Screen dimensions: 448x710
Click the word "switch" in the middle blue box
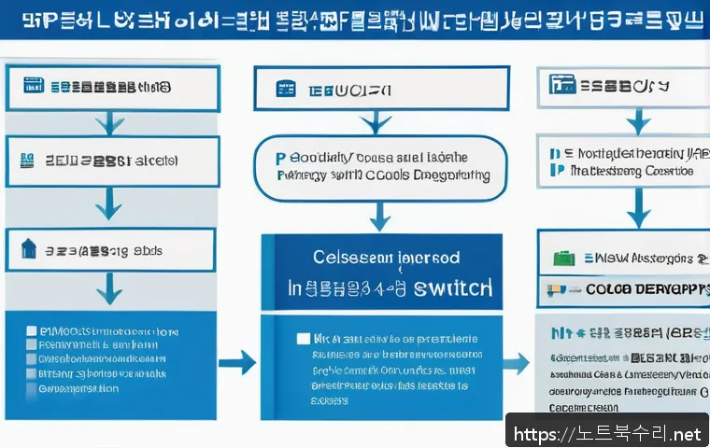pos(453,287)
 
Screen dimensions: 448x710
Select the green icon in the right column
pos(562,259)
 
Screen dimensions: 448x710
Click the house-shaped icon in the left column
pos(28,248)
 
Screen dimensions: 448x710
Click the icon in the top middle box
pos(285,90)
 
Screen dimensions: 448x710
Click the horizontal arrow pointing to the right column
pos(515,363)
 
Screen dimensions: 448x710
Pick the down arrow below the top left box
pos(110,121)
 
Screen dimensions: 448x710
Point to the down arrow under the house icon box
pos(110,289)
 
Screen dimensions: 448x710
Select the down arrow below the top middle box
pos(376,120)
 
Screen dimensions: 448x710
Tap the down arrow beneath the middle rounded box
pos(378,217)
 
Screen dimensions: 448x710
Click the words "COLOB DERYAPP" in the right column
pos(646,289)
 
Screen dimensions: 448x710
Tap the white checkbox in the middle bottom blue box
pos(302,339)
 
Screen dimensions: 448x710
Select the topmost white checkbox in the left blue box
pos(32,330)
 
